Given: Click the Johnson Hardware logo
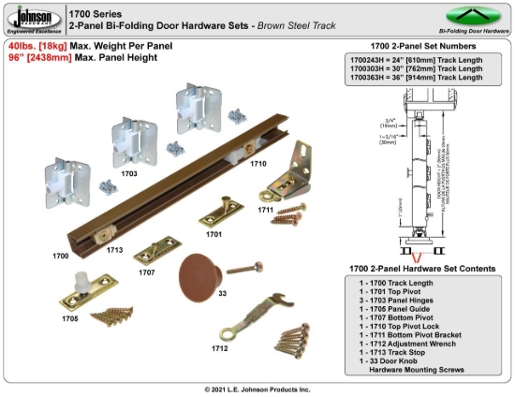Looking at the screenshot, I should [32, 17].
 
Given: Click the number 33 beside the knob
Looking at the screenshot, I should [222, 294].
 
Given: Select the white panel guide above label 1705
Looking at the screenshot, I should [85, 286].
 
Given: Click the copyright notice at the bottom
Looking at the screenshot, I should [257, 389].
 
